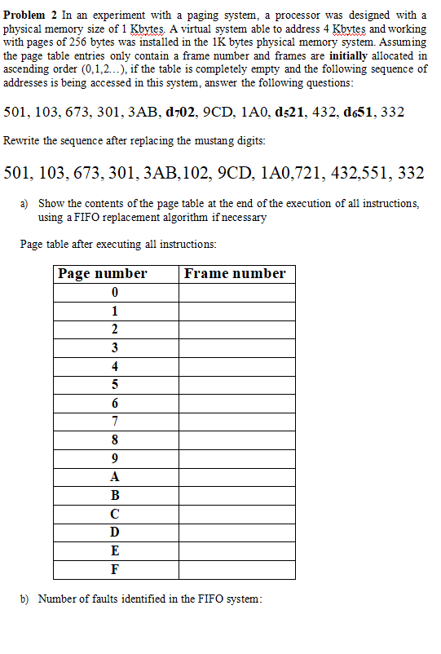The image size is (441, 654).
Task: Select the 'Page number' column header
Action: click(x=103, y=274)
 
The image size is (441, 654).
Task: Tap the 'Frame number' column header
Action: click(x=235, y=274)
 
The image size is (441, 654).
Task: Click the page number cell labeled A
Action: click(x=115, y=476)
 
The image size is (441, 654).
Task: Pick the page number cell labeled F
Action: click(x=115, y=569)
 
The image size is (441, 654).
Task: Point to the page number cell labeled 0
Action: click(x=115, y=292)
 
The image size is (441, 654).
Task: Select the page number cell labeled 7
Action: click(x=115, y=421)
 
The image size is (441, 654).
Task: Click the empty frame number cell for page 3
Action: click(x=236, y=347)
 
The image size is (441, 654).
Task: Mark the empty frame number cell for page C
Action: click(x=236, y=514)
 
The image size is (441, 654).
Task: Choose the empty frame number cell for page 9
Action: click(x=236, y=458)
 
